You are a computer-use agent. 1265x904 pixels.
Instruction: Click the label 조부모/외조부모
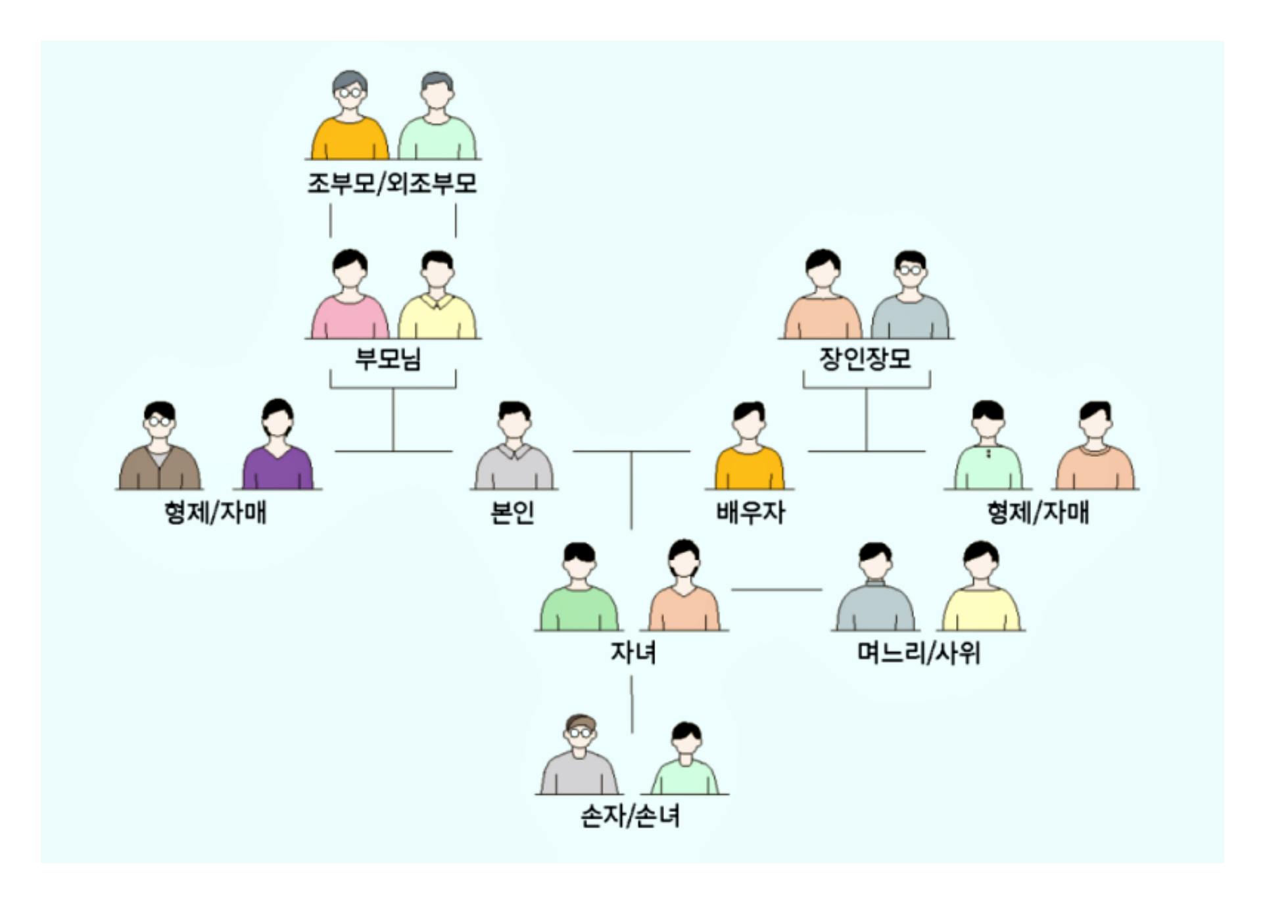[x=392, y=183]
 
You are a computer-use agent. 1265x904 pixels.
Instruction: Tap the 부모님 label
[x=388, y=359]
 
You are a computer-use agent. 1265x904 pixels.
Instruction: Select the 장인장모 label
[x=865, y=359]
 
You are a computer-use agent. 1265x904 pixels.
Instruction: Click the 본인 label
[x=512, y=512]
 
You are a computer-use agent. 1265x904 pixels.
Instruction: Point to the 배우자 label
[x=750, y=512]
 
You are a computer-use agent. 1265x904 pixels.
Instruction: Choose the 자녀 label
[x=632, y=652]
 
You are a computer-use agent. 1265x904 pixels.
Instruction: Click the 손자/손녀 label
[x=630, y=816]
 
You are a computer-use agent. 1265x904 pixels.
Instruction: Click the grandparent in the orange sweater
[x=350, y=118]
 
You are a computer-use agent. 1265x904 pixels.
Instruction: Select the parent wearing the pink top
[x=350, y=297]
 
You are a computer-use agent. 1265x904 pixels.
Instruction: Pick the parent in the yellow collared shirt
[x=437, y=297]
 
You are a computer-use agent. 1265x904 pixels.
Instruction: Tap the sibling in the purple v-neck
[x=277, y=447]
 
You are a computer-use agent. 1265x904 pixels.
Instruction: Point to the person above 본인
[x=514, y=447]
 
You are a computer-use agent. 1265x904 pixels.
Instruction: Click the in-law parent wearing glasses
[x=910, y=297]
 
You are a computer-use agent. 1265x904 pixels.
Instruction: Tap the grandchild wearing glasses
[x=579, y=756]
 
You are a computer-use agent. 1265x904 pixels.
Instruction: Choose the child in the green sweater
[x=579, y=589]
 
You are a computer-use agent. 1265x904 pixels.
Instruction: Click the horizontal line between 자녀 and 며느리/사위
[x=776, y=590]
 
